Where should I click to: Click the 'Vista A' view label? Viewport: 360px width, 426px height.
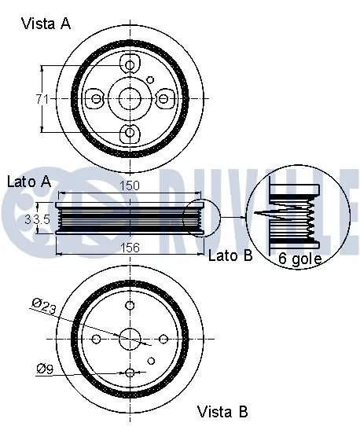[45, 23]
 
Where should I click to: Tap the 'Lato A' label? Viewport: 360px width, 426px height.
[29, 182]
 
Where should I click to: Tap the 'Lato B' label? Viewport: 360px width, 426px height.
[230, 255]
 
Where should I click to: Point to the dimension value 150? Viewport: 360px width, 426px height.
[130, 187]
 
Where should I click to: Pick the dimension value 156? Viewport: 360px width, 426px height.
[130, 247]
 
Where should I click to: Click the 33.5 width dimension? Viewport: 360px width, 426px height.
[37, 219]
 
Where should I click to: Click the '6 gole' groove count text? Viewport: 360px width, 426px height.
[299, 258]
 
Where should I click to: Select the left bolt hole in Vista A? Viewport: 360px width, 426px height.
[96, 98]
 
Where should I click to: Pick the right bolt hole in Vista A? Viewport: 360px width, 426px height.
[163, 98]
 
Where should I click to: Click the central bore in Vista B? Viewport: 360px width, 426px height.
[130, 338]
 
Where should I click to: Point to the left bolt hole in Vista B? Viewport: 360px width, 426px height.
[96, 338]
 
